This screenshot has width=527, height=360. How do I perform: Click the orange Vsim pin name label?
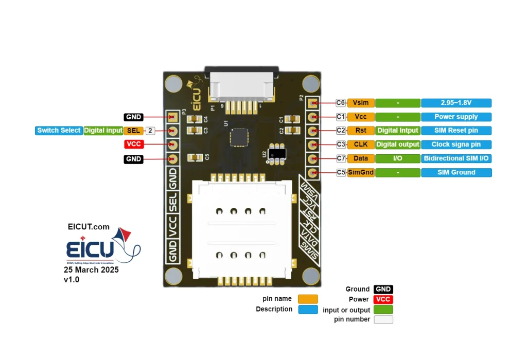(x=361, y=103)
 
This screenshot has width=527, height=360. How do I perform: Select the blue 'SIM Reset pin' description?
(x=456, y=131)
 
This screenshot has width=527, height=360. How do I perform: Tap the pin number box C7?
(x=341, y=158)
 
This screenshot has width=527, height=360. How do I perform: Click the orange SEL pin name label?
(x=133, y=131)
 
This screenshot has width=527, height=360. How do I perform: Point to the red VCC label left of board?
(x=133, y=145)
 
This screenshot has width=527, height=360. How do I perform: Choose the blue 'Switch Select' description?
(x=59, y=131)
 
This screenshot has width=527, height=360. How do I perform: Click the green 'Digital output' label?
(x=398, y=145)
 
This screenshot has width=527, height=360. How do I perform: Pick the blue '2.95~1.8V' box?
(x=456, y=103)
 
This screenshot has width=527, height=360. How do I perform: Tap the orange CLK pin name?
(x=361, y=145)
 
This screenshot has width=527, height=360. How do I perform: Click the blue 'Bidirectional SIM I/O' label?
(x=456, y=158)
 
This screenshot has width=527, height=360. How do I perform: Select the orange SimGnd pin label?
(x=361, y=172)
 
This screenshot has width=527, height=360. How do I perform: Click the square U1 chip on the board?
(x=239, y=136)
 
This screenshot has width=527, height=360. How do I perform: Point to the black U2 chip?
(x=278, y=153)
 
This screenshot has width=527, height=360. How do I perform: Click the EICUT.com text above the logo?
(x=89, y=227)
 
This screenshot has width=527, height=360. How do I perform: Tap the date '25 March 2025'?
(x=92, y=270)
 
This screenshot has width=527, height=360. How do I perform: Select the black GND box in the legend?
(x=383, y=290)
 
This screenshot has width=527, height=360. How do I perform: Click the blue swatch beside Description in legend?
(x=308, y=309)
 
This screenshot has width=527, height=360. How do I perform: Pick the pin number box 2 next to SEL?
(x=150, y=131)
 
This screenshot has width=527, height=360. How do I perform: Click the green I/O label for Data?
(x=398, y=158)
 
